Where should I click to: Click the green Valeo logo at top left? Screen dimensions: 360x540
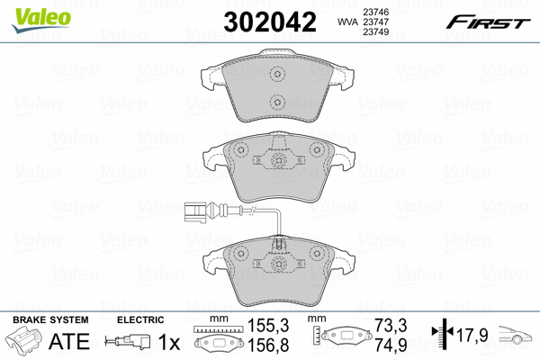(31, 11)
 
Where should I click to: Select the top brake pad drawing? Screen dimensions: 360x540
(277, 90)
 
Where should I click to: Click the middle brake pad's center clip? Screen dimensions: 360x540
(278, 162)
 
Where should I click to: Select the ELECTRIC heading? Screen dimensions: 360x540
(140, 320)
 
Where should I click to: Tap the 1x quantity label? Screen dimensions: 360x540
(167, 342)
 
